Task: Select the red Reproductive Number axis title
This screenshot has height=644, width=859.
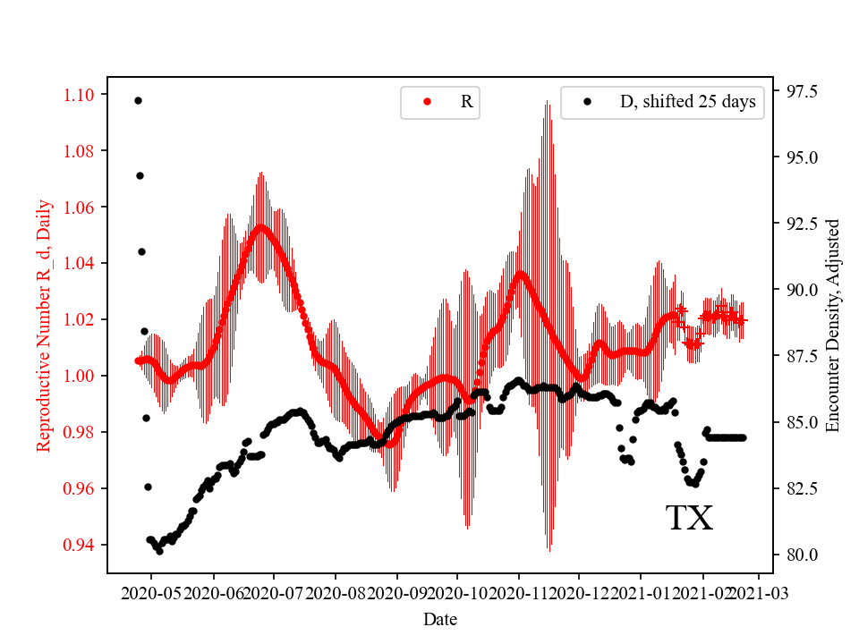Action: coord(43,325)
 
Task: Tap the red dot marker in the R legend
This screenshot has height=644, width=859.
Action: coord(427,102)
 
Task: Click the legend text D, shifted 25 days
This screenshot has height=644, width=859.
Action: coord(687,102)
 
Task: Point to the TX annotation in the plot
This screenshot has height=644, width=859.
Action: coord(689,519)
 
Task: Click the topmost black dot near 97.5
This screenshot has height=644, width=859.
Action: coord(138,100)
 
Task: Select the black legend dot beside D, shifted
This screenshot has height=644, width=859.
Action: coord(587,102)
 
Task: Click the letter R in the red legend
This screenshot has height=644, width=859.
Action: coord(466,102)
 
